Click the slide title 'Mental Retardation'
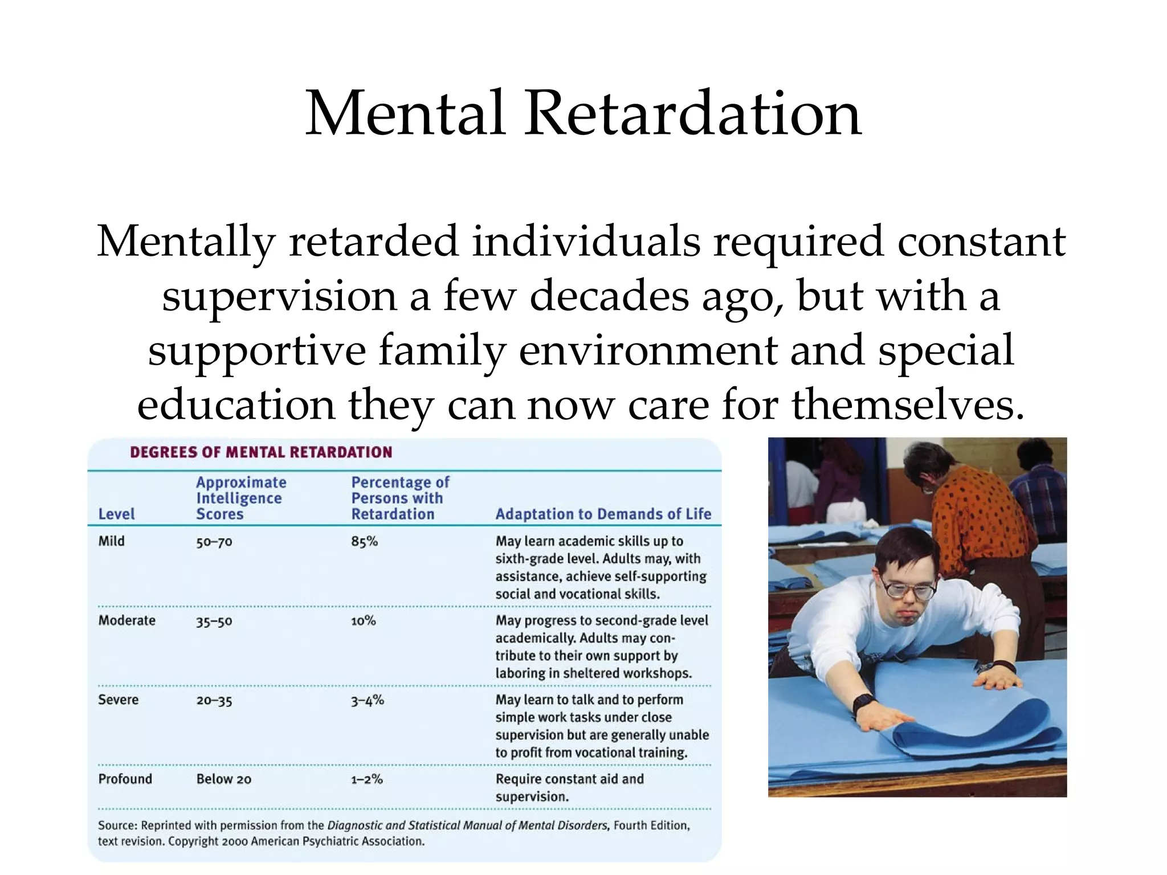pos(583,113)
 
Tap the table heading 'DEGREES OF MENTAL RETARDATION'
pos(261,452)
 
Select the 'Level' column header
pos(116,514)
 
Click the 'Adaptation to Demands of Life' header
pos(603,514)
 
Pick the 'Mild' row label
pos(111,541)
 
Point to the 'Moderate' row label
pos(127,620)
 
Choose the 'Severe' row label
pos(118,700)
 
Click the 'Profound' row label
pos(125,779)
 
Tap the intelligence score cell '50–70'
pos(214,542)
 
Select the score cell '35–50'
pos(214,621)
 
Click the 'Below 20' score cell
pos(223,779)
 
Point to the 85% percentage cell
pos(364,541)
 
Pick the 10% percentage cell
pos(363,620)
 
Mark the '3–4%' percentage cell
pos(367,700)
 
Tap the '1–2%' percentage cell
pos(366,779)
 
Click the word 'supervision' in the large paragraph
pos(279,296)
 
